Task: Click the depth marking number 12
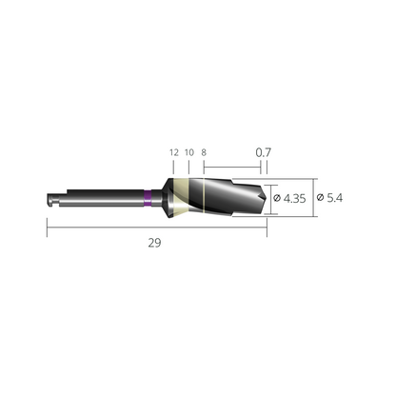click(x=173, y=151)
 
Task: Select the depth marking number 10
click(x=188, y=151)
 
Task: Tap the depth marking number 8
click(x=205, y=151)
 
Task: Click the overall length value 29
click(x=154, y=243)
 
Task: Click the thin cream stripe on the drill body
click(x=204, y=197)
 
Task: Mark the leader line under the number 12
click(x=173, y=167)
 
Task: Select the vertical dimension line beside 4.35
click(x=269, y=198)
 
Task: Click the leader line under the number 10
click(x=188, y=167)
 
